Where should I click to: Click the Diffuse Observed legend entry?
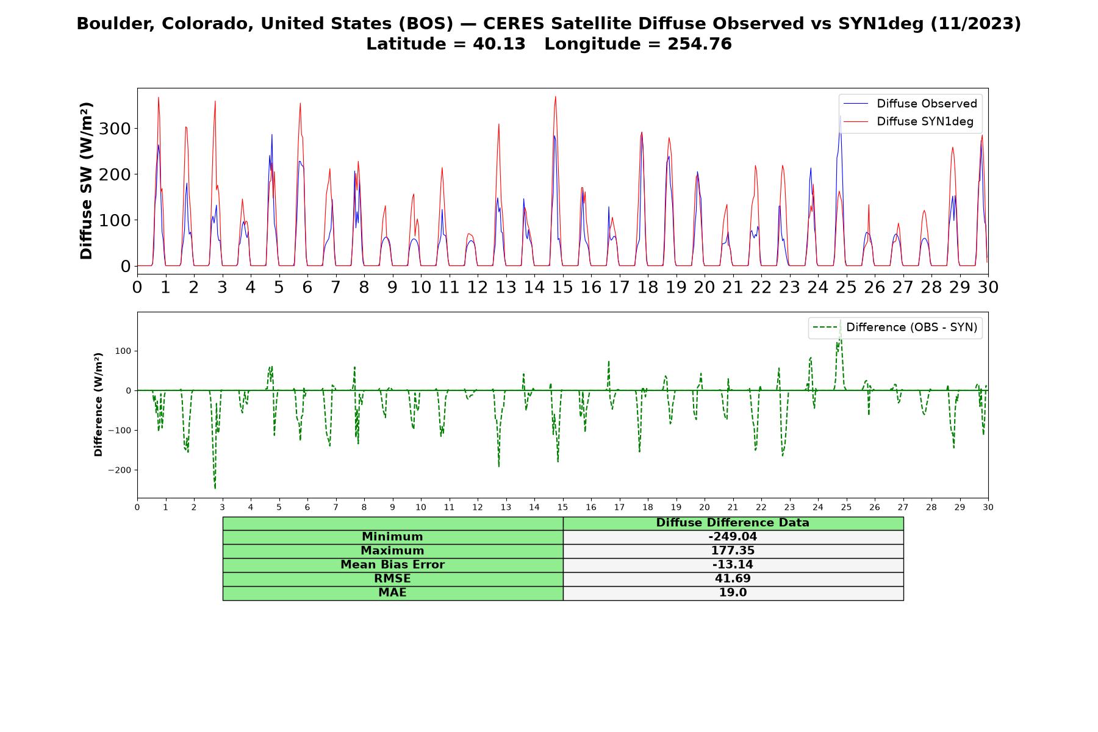910,104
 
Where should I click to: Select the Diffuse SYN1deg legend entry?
908,121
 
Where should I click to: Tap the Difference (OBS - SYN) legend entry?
895,328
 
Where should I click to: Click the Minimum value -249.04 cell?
733,537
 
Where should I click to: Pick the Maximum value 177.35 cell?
733,551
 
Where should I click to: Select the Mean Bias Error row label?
393,565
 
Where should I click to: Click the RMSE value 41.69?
733,578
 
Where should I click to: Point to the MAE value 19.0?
733,592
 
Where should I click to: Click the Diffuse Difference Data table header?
733,523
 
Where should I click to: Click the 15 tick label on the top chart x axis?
562,287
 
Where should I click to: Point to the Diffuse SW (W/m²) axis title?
87,181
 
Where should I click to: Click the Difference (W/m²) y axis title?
98,404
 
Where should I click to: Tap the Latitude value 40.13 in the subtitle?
499,44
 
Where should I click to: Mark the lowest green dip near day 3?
215,488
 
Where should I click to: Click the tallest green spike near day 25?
840,321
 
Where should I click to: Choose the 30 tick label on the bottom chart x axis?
988,508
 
